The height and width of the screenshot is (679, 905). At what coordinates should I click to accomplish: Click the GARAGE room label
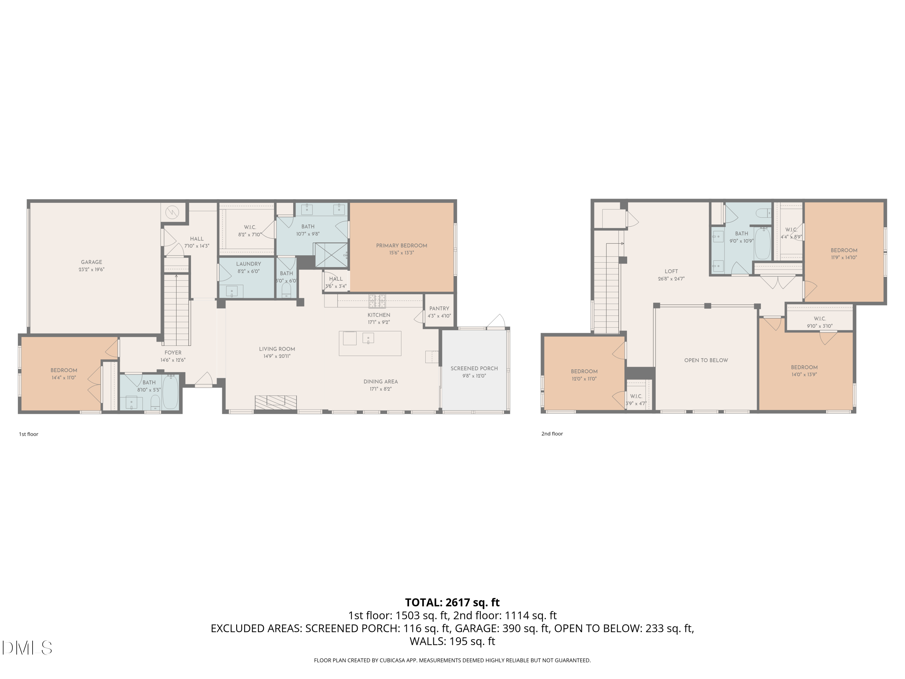[x=91, y=262]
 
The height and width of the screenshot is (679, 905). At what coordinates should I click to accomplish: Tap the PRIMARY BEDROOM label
[x=401, y=246]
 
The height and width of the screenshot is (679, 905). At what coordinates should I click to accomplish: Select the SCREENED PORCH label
[x=474, y=368]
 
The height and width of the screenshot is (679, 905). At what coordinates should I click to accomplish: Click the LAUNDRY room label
[x=248, y=264]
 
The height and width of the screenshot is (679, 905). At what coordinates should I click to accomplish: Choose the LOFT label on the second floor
[x=671, y=271]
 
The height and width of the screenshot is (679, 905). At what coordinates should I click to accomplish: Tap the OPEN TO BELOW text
[x=706, y=360]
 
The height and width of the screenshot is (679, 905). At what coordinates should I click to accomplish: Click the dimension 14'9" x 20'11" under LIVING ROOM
[x=277, y=356]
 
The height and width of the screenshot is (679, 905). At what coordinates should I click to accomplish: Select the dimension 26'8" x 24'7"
[x=671, y=279]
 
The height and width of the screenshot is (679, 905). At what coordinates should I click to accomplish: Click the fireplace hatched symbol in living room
[x=276, y=402]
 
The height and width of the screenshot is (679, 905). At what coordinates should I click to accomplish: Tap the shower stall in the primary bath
[x=330, y=255]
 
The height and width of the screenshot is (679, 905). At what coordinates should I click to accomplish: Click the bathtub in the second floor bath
[x=762, y=243]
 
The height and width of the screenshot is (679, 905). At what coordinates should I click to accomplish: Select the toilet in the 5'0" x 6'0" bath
[x=286, y=290]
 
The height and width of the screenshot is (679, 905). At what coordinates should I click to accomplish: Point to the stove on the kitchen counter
[x=377, y=301]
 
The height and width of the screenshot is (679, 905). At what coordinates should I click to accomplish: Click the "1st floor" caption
[x=28, y=434]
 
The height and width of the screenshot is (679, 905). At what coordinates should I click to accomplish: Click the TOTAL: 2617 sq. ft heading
[x=452, y=602]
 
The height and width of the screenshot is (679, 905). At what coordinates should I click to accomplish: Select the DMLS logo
[x=27, y=648]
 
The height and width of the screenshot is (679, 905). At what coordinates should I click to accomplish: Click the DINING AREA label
[x=380, y=381]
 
